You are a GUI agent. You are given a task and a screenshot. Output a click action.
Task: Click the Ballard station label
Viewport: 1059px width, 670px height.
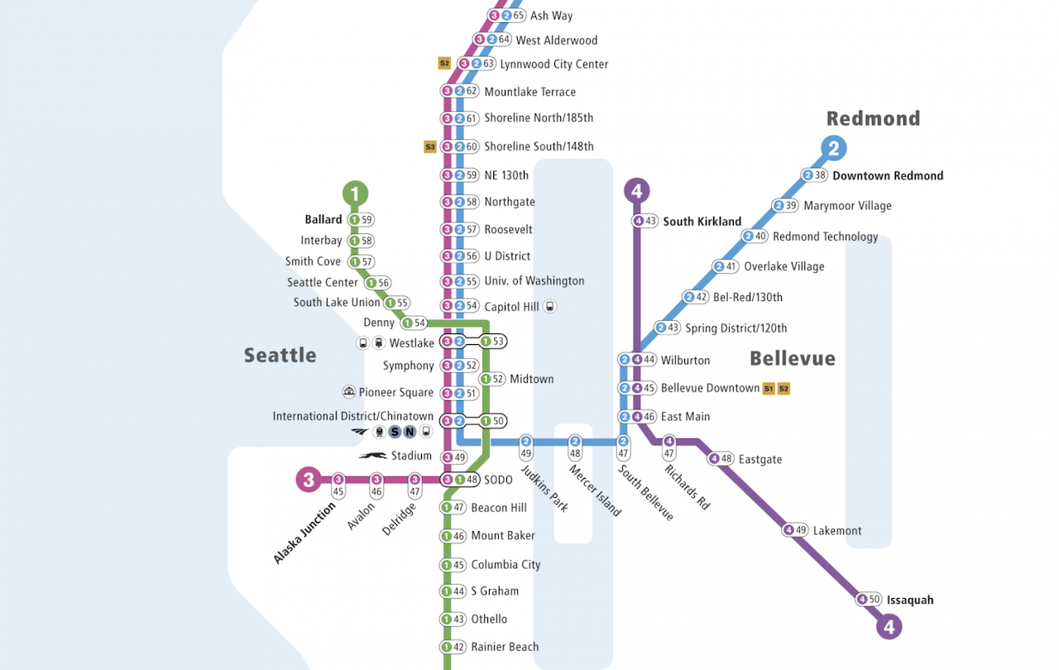[x=323, y=220]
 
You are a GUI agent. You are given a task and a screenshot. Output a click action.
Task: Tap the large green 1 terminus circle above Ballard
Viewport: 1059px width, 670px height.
[x=355, y=194]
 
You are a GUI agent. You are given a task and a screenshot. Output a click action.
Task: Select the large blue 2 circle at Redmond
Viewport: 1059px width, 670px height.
[x=833, y=148]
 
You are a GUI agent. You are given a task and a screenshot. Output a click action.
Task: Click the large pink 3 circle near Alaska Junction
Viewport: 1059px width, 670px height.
[x=309, y=479]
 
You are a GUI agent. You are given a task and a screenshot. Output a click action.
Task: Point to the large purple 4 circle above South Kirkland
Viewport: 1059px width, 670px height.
[x=636, y=191]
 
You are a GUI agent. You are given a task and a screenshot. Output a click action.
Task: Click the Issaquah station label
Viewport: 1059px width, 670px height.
[x=909, y=600]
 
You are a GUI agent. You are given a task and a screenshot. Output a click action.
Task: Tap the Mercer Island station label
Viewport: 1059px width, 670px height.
[x=594, y=491]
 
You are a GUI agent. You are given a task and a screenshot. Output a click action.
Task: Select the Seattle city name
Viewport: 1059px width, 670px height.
[x=280, y=355]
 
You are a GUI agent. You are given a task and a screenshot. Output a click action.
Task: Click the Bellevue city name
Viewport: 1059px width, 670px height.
[x=792, y=358]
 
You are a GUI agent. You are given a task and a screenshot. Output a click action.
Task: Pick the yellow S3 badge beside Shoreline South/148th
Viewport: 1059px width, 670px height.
[x=429, y=146]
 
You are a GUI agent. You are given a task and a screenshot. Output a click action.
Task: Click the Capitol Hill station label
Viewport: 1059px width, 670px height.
[x=511, y=307]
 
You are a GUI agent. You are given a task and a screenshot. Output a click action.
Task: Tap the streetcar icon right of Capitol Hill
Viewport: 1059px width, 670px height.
[x=550, y=306]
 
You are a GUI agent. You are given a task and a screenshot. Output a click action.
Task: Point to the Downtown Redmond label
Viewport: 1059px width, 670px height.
[x=887, y=175]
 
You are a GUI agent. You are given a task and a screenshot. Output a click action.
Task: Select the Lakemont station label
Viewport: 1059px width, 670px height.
[x=836, y=530]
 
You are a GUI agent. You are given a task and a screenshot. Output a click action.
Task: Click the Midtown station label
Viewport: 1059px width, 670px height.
[x=531, y=379]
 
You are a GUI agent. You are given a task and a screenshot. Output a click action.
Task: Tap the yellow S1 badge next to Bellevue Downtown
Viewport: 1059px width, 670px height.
[x=769, y=388]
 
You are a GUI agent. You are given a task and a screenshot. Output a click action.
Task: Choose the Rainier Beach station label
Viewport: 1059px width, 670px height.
[x=504, y=647]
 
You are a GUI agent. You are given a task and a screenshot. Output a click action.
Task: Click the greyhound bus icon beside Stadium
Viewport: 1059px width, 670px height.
[x=372, y=456]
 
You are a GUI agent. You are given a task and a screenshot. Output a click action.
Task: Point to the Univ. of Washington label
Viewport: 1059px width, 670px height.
[x=534, y=281]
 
